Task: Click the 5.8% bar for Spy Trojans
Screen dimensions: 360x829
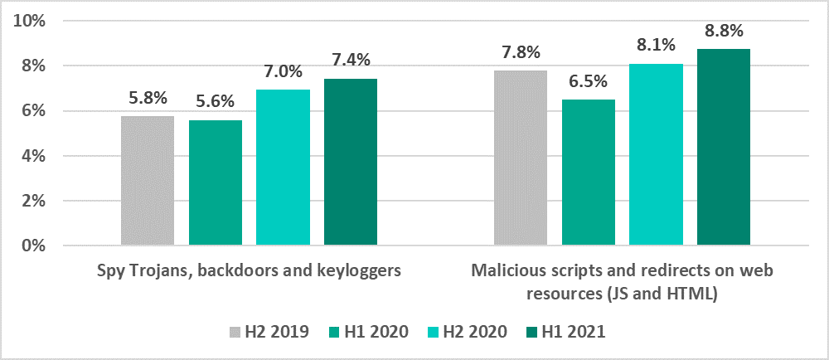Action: (x=148, y=181)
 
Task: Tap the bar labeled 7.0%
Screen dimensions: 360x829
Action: (x=284, y=168)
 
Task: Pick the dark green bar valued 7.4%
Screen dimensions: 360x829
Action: (x=351, y=163)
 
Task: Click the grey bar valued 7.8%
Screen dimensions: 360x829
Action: (x=521, y=158)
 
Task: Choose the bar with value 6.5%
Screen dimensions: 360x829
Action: (x=589, y=173)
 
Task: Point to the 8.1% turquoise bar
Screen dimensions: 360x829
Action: (x=656, y=154)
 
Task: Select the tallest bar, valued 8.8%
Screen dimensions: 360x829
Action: (x=724, y=147)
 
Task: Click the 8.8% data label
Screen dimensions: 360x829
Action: (x=724, y=32)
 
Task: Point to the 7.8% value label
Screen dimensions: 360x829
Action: (x=521, y=53)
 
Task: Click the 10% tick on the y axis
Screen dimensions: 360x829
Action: (x=36, y=21)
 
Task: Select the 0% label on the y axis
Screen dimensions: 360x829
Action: (x=41, y=246)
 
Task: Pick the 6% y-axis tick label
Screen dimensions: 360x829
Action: (x=41, y=111)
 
